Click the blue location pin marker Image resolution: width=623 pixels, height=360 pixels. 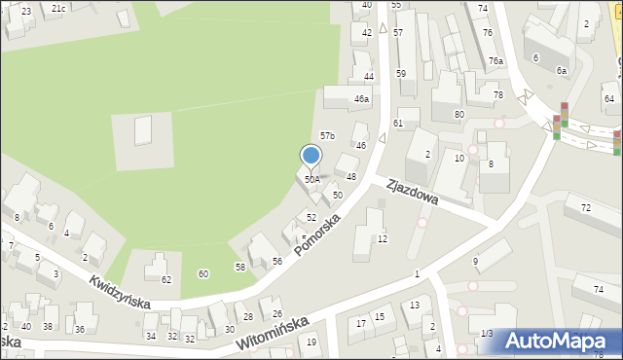click(311, 156)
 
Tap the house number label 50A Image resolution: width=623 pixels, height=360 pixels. click(311, 179)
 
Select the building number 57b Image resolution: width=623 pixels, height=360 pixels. click(328, 136)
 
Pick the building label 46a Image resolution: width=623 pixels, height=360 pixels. click(361, 99)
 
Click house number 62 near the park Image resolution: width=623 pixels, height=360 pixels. click(166, 280)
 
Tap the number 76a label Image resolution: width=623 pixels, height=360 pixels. click(496, 61)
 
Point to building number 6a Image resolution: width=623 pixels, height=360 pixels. click(562, 71)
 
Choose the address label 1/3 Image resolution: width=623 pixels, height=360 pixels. click(487, 334)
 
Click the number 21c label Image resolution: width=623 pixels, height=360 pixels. click(58, 9)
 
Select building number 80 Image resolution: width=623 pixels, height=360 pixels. click(459, 115)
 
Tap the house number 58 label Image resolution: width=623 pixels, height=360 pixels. click(239, 267)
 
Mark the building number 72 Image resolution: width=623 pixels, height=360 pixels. click(585, 209)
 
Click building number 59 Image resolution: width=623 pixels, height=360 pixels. click(400, 74)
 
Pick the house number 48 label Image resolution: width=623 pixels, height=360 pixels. click(351, 177)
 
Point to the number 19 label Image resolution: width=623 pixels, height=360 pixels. click(311, 342)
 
